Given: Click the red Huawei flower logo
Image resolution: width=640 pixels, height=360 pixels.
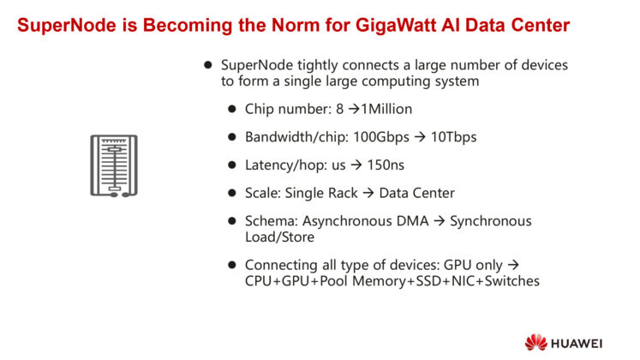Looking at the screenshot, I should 537,340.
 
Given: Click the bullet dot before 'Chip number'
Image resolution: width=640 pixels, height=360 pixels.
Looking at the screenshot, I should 232,110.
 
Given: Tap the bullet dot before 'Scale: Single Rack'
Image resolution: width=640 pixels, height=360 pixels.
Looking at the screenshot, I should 232,193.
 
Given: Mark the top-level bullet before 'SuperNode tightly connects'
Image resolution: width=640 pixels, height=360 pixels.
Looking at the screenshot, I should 207,66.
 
